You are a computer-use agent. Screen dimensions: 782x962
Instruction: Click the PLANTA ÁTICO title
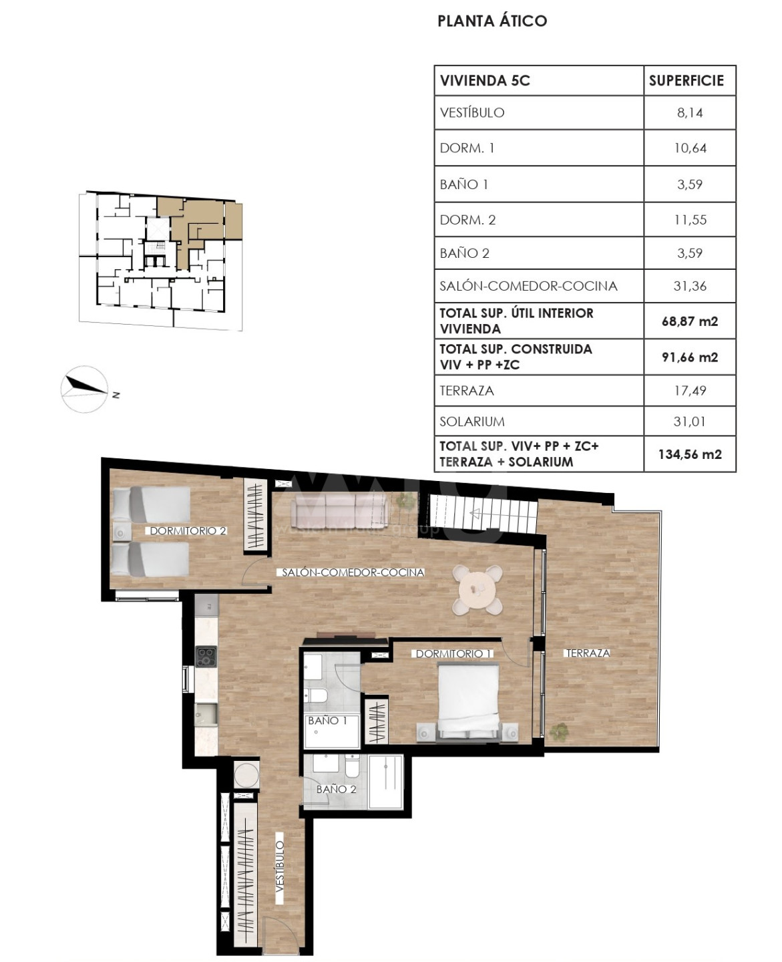[492, 21]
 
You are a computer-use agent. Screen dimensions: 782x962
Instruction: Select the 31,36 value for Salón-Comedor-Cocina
[689, 286]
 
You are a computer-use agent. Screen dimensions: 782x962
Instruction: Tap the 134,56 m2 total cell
[690, 454]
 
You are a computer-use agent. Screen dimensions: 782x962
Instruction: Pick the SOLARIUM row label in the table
[472, 422]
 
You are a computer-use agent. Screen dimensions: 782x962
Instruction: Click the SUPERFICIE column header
[687, 81]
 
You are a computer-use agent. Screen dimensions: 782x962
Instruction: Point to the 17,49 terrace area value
[690, 391]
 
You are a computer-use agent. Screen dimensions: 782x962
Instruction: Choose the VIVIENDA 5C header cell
[485, 81]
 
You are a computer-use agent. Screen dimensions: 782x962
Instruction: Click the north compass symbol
[85, 389]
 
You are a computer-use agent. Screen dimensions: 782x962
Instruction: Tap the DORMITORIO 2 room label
[188, 530]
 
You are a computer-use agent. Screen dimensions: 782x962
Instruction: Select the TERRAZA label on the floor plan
[588, 653]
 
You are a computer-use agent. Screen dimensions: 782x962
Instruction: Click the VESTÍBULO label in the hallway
[280, 865]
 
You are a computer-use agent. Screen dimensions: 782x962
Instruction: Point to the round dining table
[477, 590]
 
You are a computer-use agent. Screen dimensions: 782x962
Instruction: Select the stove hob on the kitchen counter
[206, 656]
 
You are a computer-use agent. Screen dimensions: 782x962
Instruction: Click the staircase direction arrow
[480, 513]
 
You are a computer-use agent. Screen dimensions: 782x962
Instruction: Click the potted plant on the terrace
[560, 730]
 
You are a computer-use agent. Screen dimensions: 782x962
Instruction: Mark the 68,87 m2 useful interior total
[690, 321]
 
